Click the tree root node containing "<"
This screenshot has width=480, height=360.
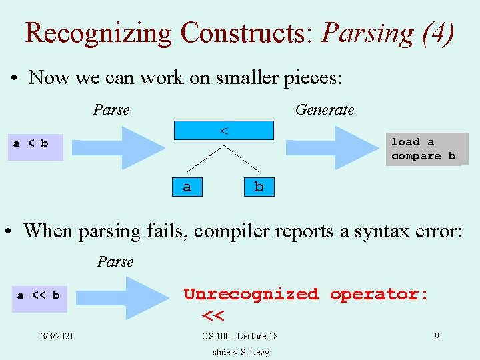[x=224, y=130]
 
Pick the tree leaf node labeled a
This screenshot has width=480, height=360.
[x=187, y=187]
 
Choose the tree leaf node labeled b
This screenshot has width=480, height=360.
[x=259, y=187]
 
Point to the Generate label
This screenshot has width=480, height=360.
[x=325, y=109]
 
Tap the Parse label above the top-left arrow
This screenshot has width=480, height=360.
[x=111, y=109]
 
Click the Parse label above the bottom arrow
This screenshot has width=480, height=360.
[x=115, y=261]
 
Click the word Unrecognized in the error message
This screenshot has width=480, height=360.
[x=251, y=294]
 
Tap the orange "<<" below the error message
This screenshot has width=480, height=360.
[x=213, y=314]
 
